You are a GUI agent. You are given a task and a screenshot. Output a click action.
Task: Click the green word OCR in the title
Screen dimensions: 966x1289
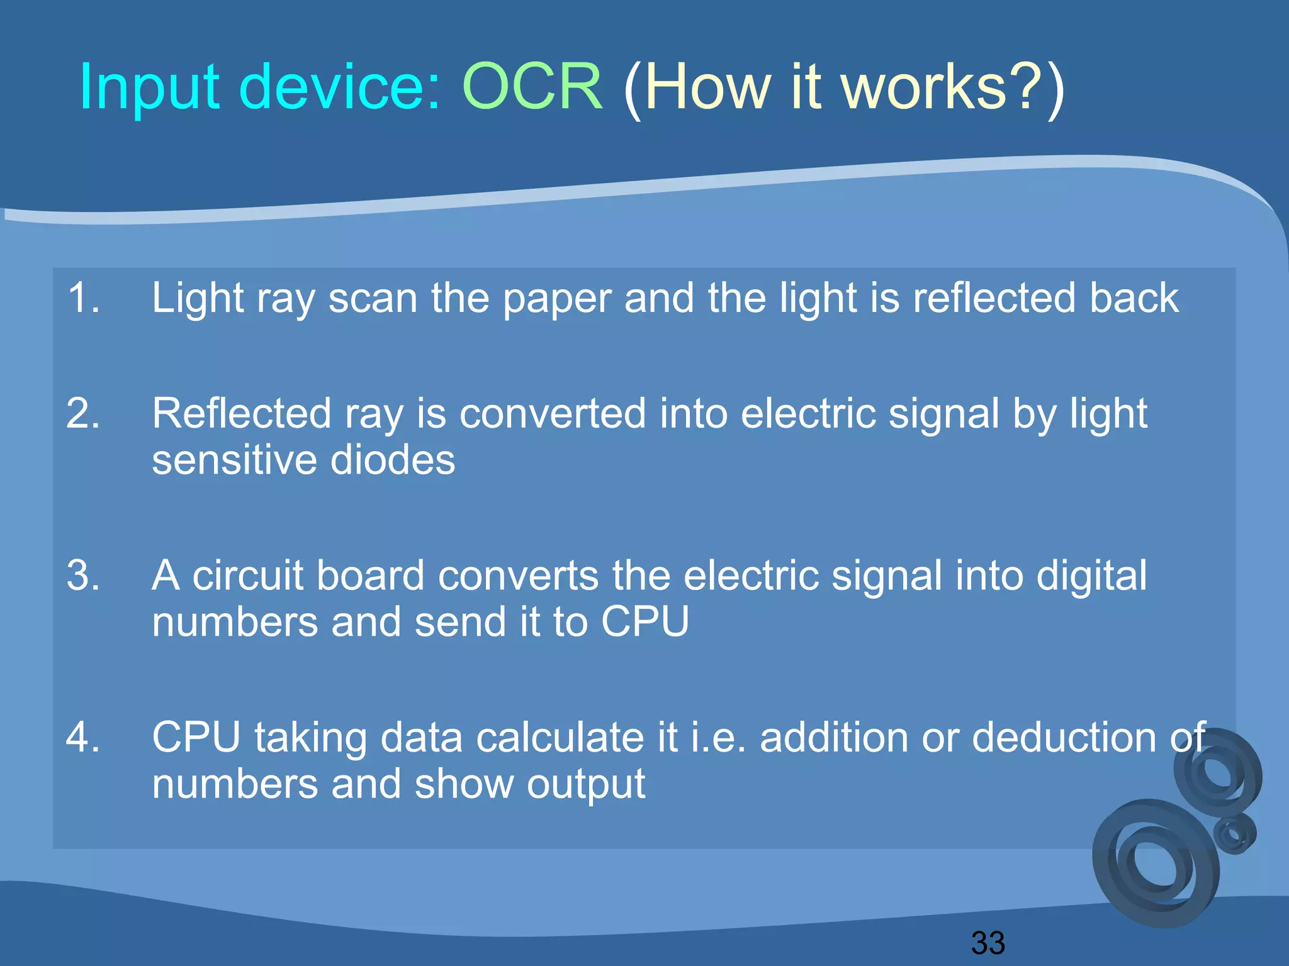click(x=532, y=87)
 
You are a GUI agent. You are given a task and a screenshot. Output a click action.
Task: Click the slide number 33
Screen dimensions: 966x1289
click(x=988, y=943)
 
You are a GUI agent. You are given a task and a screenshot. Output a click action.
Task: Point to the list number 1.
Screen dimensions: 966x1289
click(x=83, y=297)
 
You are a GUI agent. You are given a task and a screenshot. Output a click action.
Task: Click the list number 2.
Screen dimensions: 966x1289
click(x=83, y=414)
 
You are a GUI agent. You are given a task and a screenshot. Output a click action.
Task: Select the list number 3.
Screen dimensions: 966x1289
click(x=83, y=575)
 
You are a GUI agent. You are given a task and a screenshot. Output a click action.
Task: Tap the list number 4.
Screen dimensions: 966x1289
click(x=83, y=737)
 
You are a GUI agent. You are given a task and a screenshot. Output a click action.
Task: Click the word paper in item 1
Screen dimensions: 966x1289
click(x=557, y=299)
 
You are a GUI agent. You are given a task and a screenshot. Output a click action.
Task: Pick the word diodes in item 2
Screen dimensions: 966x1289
click(x=392, y=460)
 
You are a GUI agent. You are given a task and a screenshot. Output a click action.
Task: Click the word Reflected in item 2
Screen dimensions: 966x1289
click(x=242, y=414)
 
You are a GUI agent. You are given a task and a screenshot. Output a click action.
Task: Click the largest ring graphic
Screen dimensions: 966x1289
click(x=1156, y=864)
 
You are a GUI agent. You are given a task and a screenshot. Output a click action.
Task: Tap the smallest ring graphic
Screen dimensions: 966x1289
click(x=1234, y=834)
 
